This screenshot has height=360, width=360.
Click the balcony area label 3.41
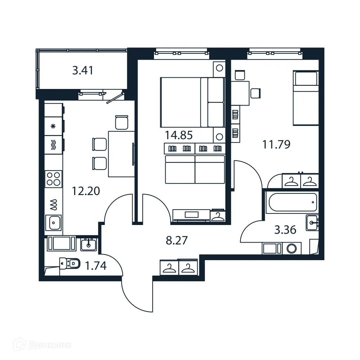pos(83,71)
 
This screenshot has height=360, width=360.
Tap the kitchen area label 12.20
pos(86,191)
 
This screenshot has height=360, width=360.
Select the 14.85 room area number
pos(179,135)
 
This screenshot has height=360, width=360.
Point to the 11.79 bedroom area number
pos(276,144)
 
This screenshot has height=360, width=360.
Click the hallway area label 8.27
pos(176,240)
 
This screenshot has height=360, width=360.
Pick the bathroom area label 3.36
pos(285,230)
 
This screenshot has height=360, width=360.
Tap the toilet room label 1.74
pos(96,266)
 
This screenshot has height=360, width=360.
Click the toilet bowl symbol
pos(70,263)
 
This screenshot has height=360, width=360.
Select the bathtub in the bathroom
pos(291,202)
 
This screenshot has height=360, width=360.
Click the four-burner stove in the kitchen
pos(53,179)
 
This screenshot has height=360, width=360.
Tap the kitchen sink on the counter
pos(53,222)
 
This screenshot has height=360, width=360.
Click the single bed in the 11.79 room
pos(306,98)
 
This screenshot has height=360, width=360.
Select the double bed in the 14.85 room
pos(192,102)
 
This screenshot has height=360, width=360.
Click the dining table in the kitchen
pos(121,154)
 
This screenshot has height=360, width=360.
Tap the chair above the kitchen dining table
pos(121,122)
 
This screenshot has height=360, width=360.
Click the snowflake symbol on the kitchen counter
pos(53,127)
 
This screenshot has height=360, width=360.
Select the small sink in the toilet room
pos(88,244)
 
